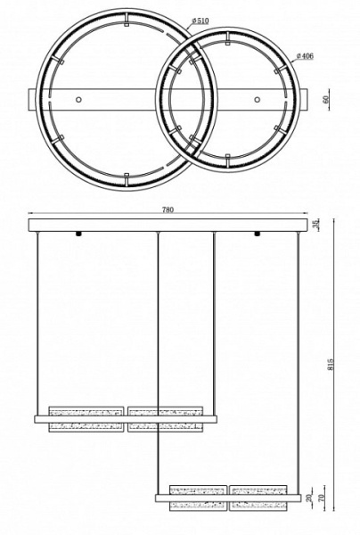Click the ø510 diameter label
[200, 21]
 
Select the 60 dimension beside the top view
[327, 99]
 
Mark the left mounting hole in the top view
[80, 98]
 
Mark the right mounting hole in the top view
[258, 98]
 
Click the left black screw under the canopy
[80, 235]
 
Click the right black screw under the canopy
[258, 235]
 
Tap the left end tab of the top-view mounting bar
[33, 98]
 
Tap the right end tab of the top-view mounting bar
[307, 98]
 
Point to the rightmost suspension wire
[295, 357]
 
